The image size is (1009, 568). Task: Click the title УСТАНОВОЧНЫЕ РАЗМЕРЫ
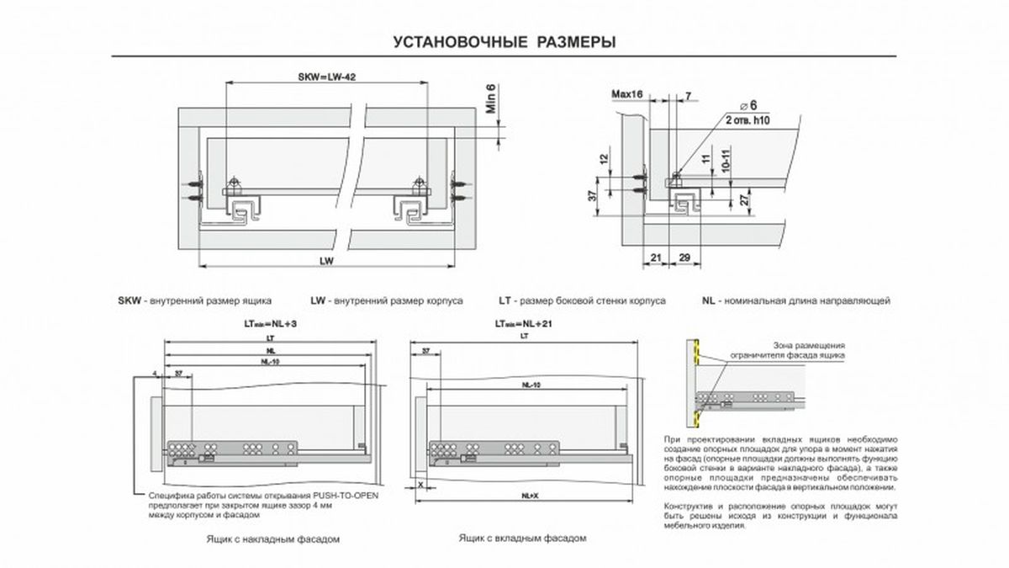[x=504, y=43]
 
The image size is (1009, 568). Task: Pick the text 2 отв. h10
[x=748, y=120]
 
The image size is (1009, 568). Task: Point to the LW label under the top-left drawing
[x=326, y=261]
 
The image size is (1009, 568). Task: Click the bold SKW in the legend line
[x=129, y=300]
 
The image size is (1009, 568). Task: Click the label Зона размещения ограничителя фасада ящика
[x=808, y=350]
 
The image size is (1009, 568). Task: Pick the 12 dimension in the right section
[x=604, y=159]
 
